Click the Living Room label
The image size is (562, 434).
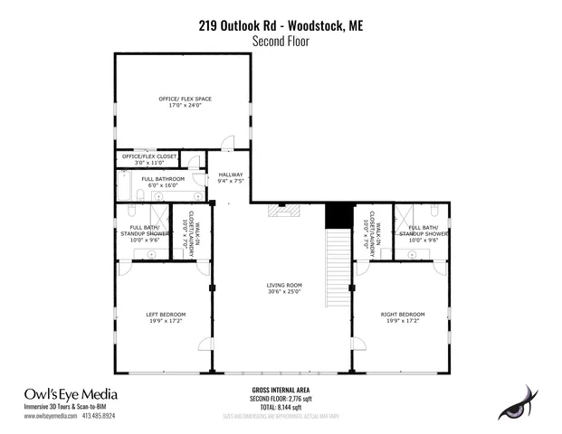click(x=283, y=285)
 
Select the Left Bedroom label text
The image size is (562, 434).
click(x=164, y=314)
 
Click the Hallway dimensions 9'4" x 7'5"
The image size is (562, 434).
click(x=231, y=181)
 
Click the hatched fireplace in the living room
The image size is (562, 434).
click(x=282, y=212)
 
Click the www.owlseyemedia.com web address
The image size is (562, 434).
click(x=50, y=417)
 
